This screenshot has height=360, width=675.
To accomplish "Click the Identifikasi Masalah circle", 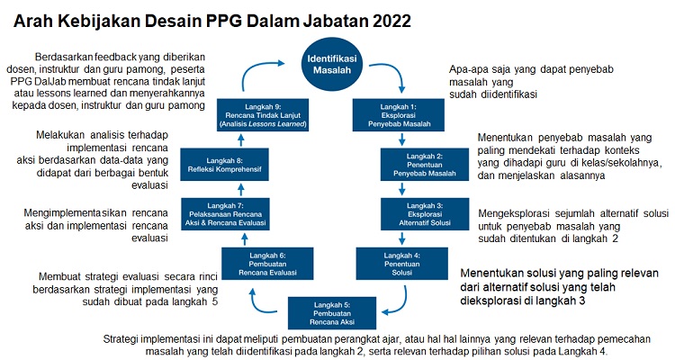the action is tap(335, 65).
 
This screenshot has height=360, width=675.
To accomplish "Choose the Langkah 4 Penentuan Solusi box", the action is tap(400, 261).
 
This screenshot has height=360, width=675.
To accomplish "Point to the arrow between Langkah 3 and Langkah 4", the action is tap(400, 237).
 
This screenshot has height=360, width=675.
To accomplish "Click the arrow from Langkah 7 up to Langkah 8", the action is tap(238, 187).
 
